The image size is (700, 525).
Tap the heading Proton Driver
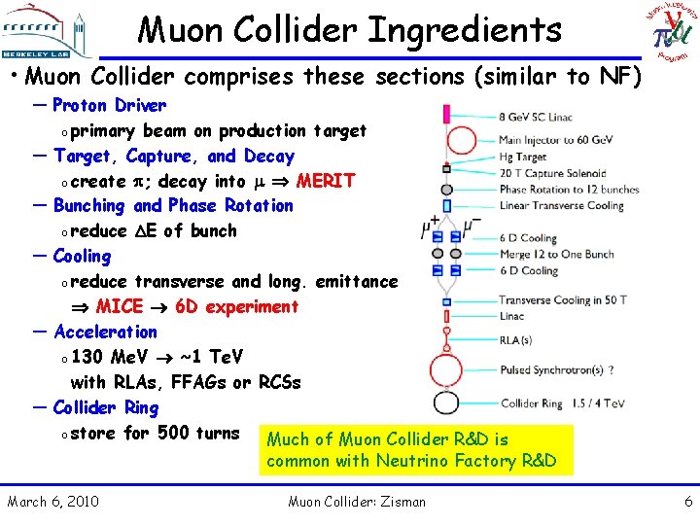109,105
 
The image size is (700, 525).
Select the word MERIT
326,181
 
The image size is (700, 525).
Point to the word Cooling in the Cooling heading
83,256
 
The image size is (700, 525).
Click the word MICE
120,306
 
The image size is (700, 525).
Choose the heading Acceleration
105,332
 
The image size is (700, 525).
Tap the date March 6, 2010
52,502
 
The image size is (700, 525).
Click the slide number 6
688,502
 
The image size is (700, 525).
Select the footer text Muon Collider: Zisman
357,502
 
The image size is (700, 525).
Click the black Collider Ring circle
446,403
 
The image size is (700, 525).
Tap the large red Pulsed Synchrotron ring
446,369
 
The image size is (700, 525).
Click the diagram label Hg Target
523,157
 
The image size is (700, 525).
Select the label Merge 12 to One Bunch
556,254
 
